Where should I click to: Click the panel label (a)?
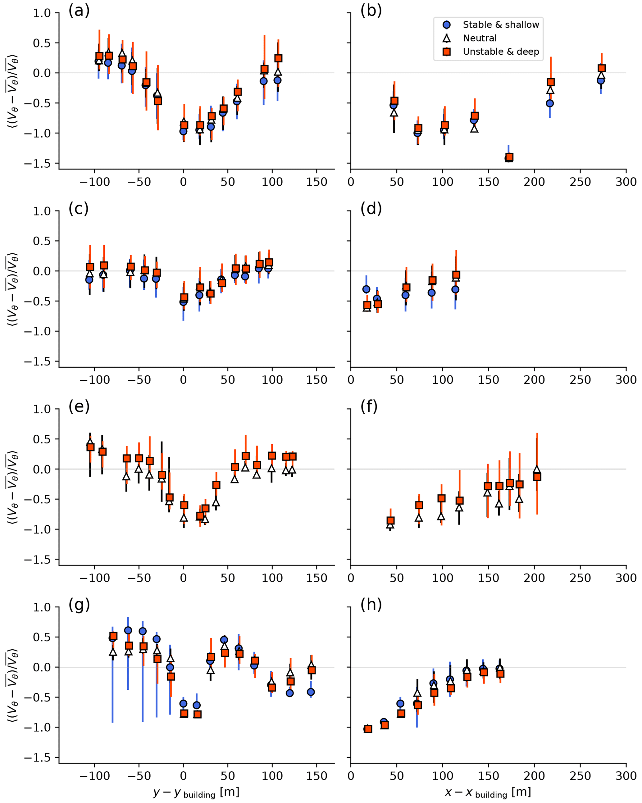coord(79,11)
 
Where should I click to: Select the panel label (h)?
coord(371,605)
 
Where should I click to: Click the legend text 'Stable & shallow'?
coord(501,25)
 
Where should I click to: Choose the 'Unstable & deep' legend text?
coord(501,52)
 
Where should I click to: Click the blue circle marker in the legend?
coord(446,25)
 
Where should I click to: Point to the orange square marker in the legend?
coord(446,52)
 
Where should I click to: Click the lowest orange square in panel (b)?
coord(509,157)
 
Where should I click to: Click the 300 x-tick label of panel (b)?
coord(626,182)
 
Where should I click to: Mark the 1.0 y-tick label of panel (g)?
coord(41,607)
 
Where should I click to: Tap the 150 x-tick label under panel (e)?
coord(316,578)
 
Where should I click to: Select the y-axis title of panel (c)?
coord(13,289)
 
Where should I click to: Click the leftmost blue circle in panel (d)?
coord(366,289)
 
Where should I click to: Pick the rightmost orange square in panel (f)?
coord(537,477)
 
